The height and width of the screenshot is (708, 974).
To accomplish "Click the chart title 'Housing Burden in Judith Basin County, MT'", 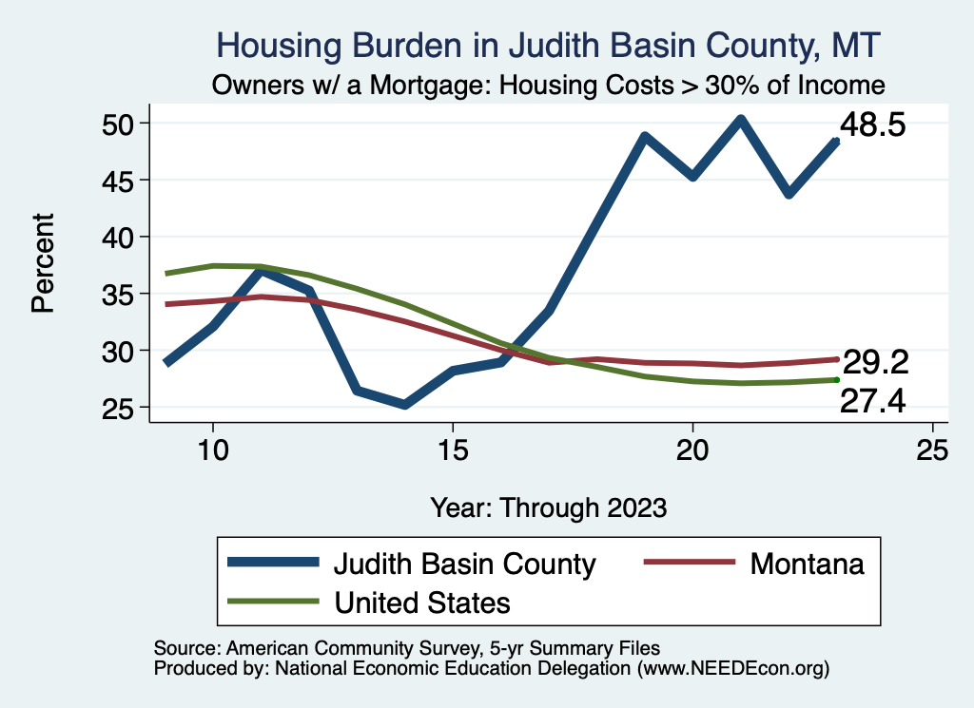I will tap(549, 45).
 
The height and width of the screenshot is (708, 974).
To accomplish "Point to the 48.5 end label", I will tap(870, 125).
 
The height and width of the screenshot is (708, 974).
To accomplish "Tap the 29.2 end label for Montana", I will tap(876, 361).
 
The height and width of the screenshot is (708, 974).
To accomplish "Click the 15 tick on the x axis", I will tap(453, 450).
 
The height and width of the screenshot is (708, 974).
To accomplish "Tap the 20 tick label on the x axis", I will tap(692, 450).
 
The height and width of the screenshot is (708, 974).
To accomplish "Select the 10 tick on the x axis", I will tap(212, 450).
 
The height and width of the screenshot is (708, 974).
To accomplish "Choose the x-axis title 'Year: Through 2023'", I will tap(548, 507).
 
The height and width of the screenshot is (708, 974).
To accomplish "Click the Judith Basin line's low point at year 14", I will tap(404, 405).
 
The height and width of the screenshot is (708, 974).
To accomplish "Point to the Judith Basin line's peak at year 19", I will tap(645, 137).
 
